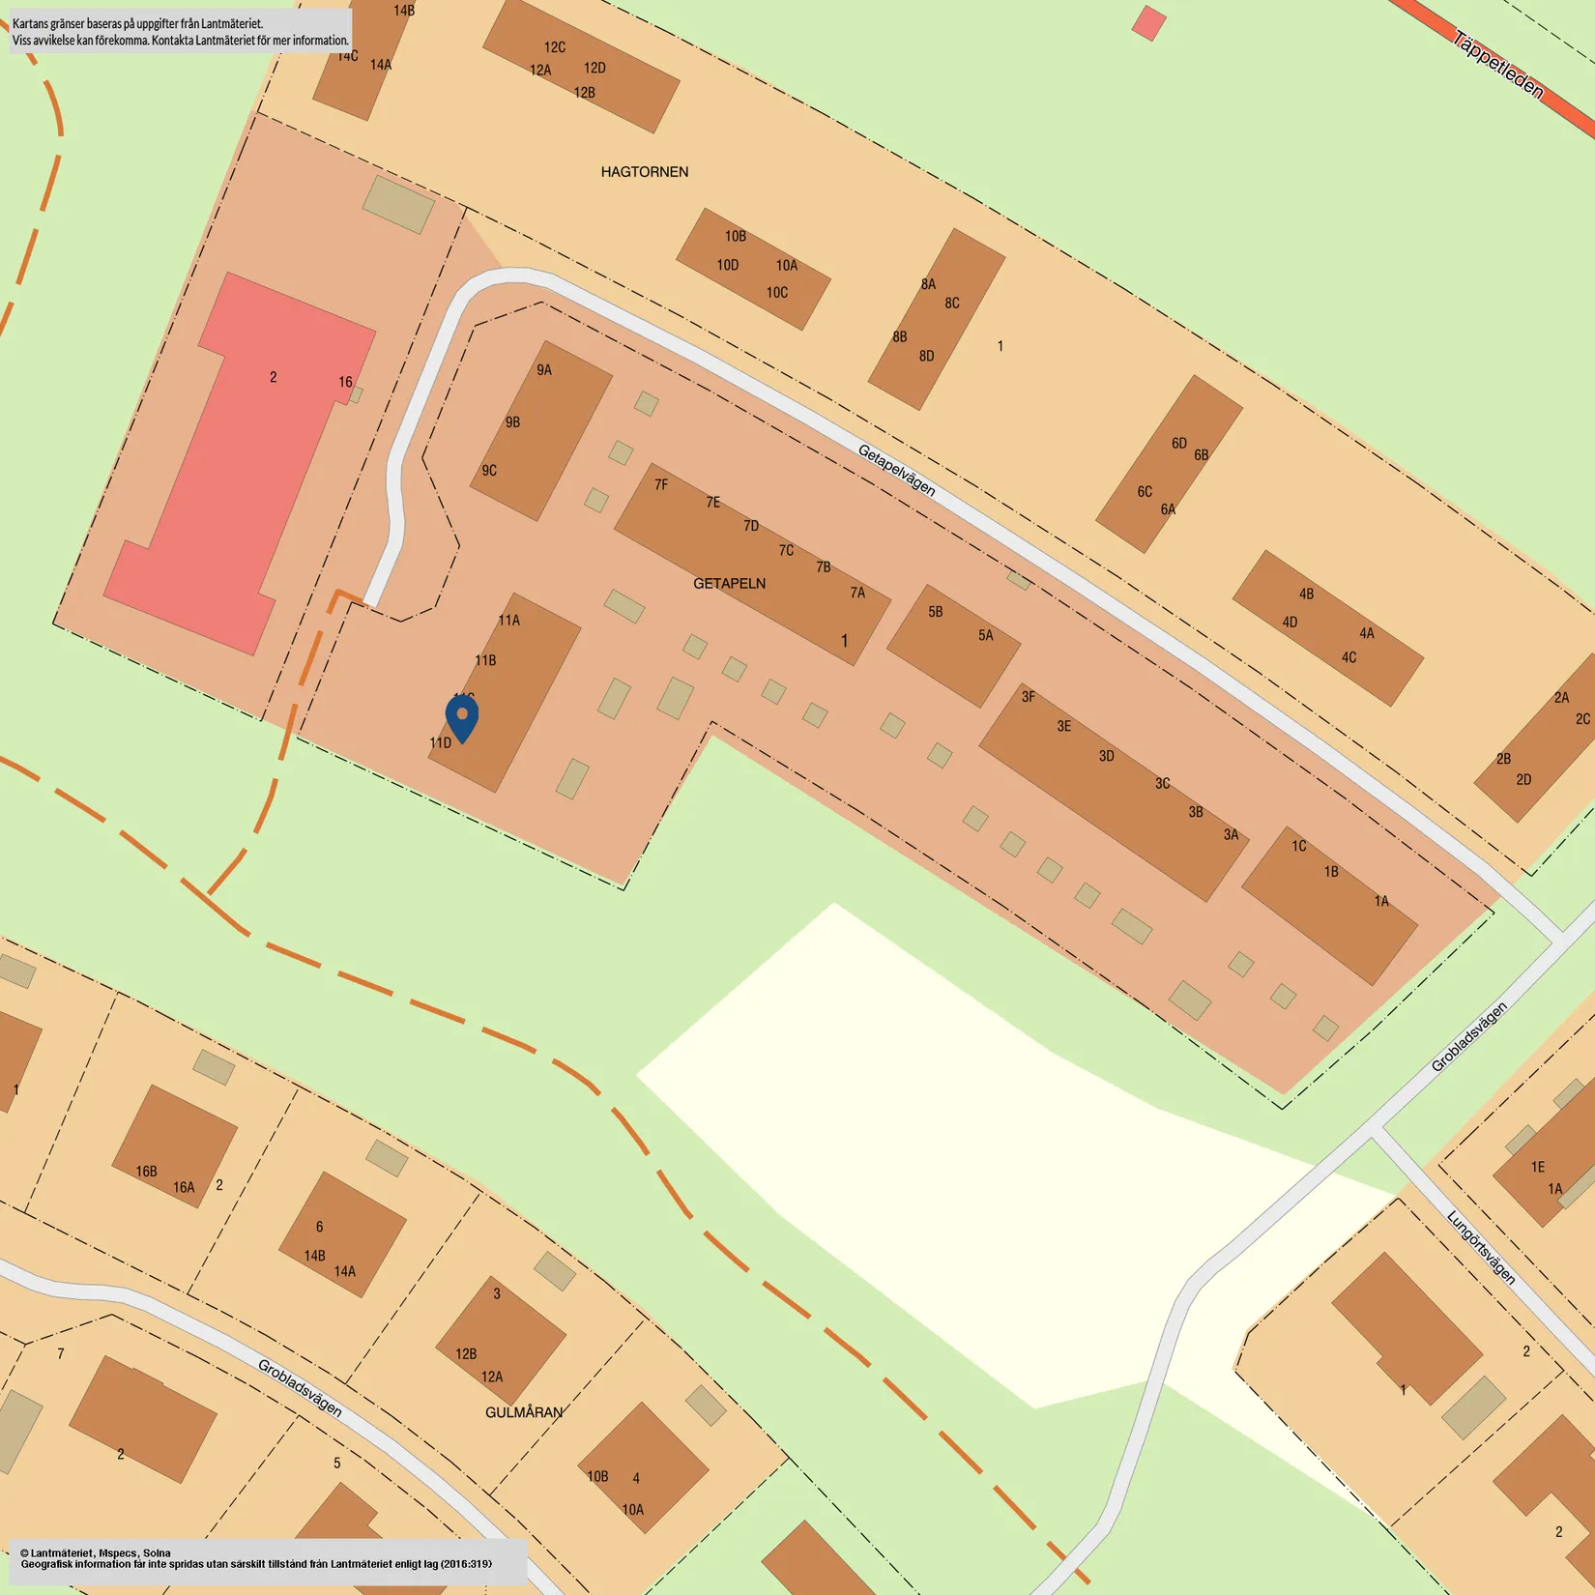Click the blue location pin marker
tap(462, 718)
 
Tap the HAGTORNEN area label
tap(645, 172)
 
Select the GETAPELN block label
tap(729, 584)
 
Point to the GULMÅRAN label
tap(523, 1412)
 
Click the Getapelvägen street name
tap(896, 471)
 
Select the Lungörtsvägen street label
tap(1481, 1247)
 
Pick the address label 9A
tap(544, 370)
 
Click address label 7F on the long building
tap(661, 485)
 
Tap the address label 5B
tap(935, 612)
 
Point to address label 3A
tap(1231, 835)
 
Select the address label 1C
tap(1298, 847)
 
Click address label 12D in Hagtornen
tap(594, 69)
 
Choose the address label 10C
tap(777, 293)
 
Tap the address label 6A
tap(1168, 509)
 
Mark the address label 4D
tap(1290, 623)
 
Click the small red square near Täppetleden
tap(1148, 23)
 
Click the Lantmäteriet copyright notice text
tap(256, 1558)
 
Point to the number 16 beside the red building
tap(345, 383)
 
